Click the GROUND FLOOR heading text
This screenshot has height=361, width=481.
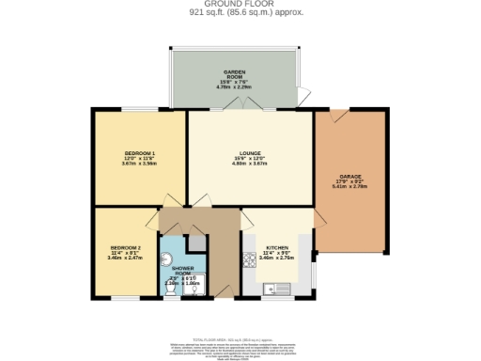pyautogui.click(x=240, y=4)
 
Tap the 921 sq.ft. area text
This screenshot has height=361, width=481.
pyautogui.click(x=240, y=12)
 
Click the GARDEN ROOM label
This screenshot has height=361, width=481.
pyautogui.click(x=234, y=75)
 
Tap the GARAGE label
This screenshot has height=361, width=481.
pyautogui.click(x=350, y=176)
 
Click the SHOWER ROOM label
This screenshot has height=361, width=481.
pyautogui.click(x=182, y=271)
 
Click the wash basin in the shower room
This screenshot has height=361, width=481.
pyautogui.click(x=195, y=289)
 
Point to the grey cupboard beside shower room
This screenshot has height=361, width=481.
pyautogui.click(x=196, y=243)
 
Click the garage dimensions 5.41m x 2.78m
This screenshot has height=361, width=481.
pyautogui.click(x=350, y=186)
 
